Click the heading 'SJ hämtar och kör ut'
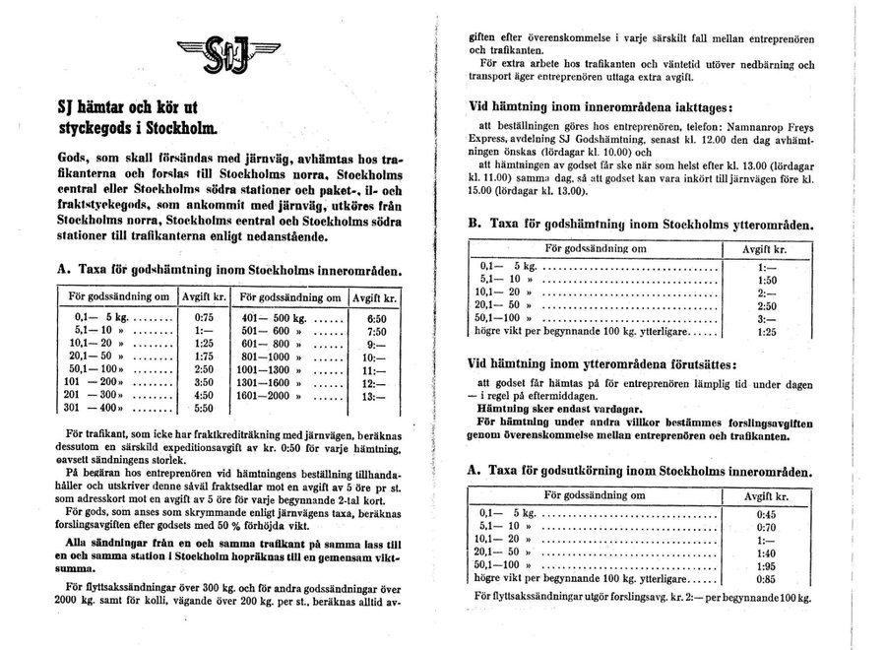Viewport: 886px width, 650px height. [127, 111]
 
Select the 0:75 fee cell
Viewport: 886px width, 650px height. [204, 319]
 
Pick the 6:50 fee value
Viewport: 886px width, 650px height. [375, 319]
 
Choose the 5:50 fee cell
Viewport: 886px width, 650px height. [204, 407]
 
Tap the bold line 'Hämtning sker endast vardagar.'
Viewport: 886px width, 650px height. [559, 407]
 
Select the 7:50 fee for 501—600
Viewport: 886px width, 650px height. [375, 334]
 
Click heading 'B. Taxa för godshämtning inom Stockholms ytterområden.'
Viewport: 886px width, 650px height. [640, 224]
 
